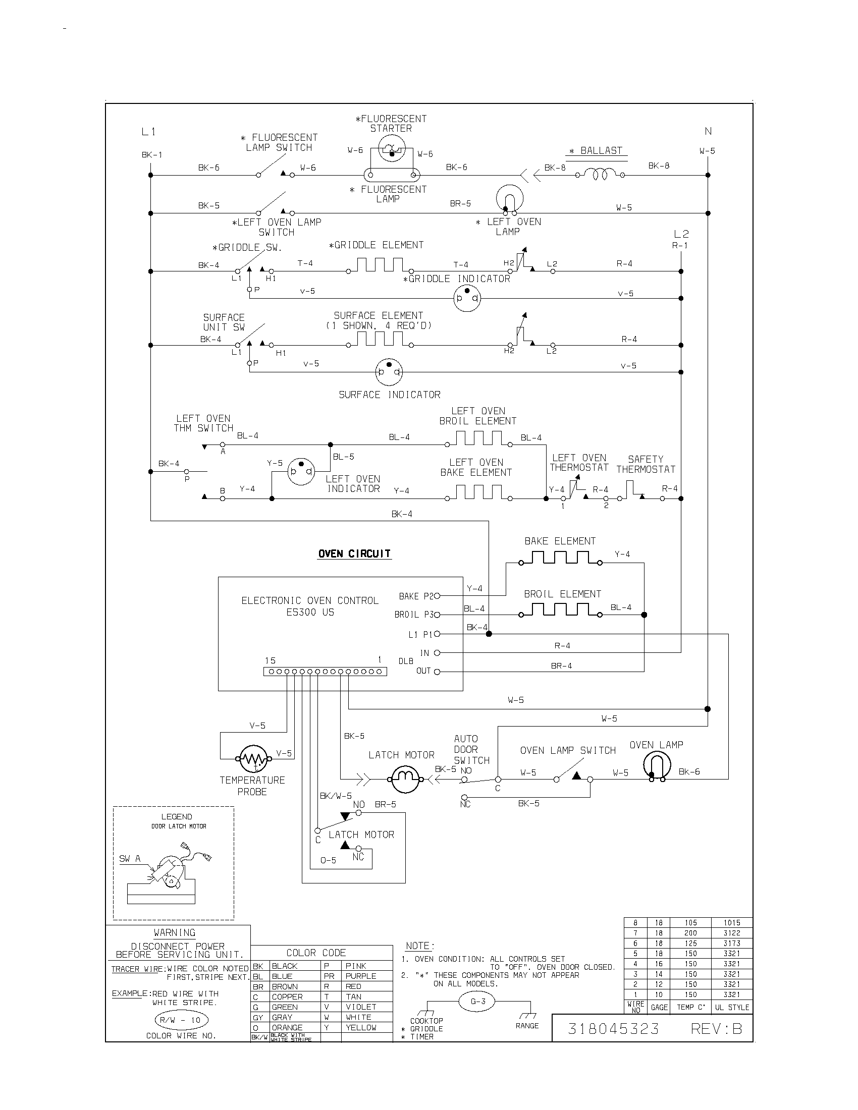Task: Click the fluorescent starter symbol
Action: click(391, 149)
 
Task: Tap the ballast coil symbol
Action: click(599, 175)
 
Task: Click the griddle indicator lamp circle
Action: click(467, 298)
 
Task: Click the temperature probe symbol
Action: click(253, 759)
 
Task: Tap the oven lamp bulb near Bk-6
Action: click(657, 765)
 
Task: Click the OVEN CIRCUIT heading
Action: click(354, 554)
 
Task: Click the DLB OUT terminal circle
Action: click(437, 672)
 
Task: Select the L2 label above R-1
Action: click(681, 234)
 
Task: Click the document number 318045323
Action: click(613, 1029)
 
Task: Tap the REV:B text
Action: click(716, 1029)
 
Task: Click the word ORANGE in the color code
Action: click(287, 1028)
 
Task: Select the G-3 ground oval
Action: click(478, 1002)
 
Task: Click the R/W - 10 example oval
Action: click(181, 1020)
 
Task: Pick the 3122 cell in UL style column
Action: click(731, 933)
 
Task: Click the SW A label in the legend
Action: click(130, 859)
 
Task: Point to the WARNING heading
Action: click(174, 932)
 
